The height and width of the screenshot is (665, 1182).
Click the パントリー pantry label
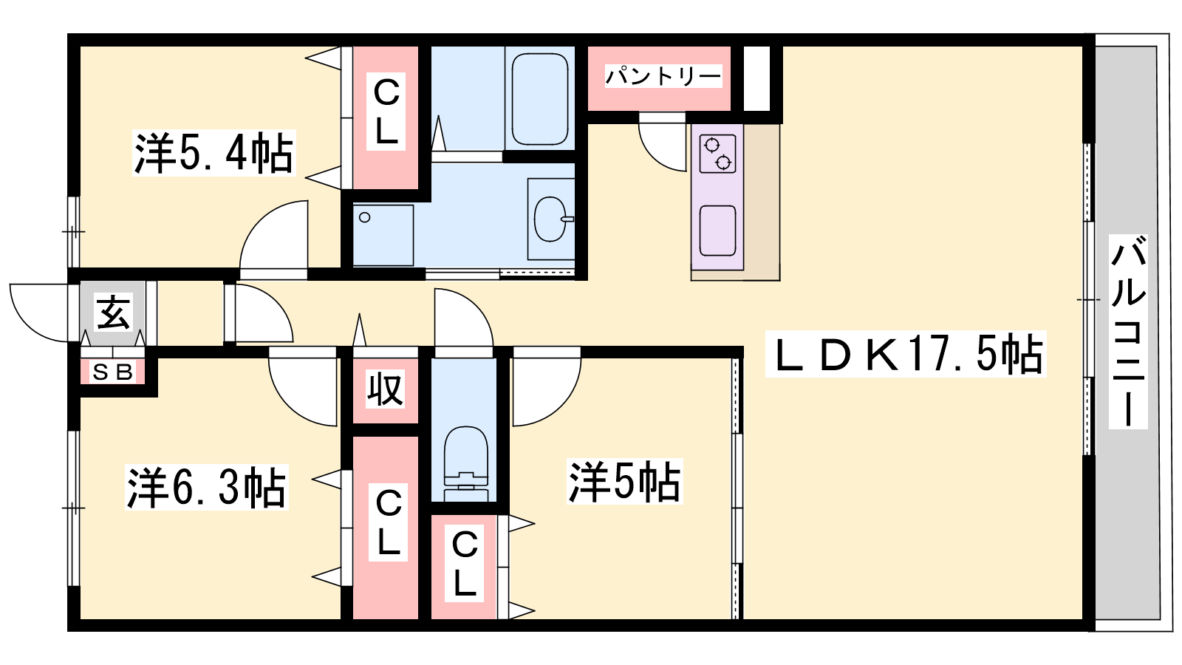[x=663, y=77]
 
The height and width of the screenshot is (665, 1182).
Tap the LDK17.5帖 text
[x=906, y=354]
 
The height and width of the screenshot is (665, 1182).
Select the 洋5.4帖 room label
[x=213, y=153]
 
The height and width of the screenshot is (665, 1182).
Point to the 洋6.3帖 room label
[x=206, y=487]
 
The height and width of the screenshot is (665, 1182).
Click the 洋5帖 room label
[x=624, y=481]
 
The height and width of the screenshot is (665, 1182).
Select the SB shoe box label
[x=112, y=372]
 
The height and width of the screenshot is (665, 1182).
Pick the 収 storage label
[x=385, y=389]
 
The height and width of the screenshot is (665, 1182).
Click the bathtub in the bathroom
[x=540, y=99]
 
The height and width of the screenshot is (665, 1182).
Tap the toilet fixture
[x=465, y=463]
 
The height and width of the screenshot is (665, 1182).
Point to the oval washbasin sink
[x=551, y=219]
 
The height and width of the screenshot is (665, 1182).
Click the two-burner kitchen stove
[x=717, y=154]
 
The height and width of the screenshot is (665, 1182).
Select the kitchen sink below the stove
[x=717, y=231]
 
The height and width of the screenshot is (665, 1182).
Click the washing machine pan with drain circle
[x=383, y=236]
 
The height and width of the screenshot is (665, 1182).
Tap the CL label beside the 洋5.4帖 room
[x=386, y=112]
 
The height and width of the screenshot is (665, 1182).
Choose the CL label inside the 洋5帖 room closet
[x=465, y=563]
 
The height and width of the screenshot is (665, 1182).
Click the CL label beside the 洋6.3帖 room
[x=389, y=522]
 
